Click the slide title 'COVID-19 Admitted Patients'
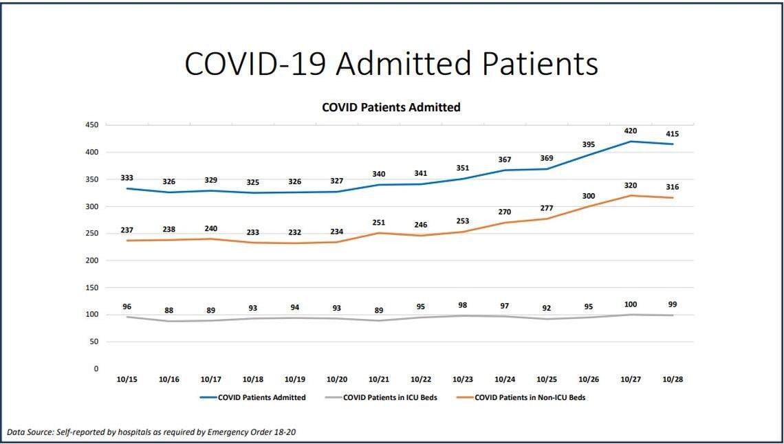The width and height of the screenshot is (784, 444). (391, 63)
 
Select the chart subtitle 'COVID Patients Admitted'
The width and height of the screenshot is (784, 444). (391, 107)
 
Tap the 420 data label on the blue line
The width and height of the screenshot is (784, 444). (631, 131)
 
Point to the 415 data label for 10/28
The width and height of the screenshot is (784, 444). (673, 133)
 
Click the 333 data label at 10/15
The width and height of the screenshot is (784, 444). (127, 178)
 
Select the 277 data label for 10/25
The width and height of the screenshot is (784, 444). (546, 208)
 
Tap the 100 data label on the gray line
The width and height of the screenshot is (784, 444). (631, 304)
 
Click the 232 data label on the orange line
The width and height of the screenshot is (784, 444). (294, 232)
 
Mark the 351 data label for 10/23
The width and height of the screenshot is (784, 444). (462, 167)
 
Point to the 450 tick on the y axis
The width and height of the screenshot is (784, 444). (92, 125)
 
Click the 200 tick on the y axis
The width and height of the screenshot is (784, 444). (92, 260)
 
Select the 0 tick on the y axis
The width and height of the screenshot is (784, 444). (96, 369)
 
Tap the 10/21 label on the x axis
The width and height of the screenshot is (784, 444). (378, 379)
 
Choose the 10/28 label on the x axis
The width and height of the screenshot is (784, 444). (673, 379)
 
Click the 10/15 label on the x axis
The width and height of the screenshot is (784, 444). (127, 379)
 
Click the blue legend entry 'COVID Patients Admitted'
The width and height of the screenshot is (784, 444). (261, 397)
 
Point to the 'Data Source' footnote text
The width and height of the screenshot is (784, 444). (153, 432)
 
